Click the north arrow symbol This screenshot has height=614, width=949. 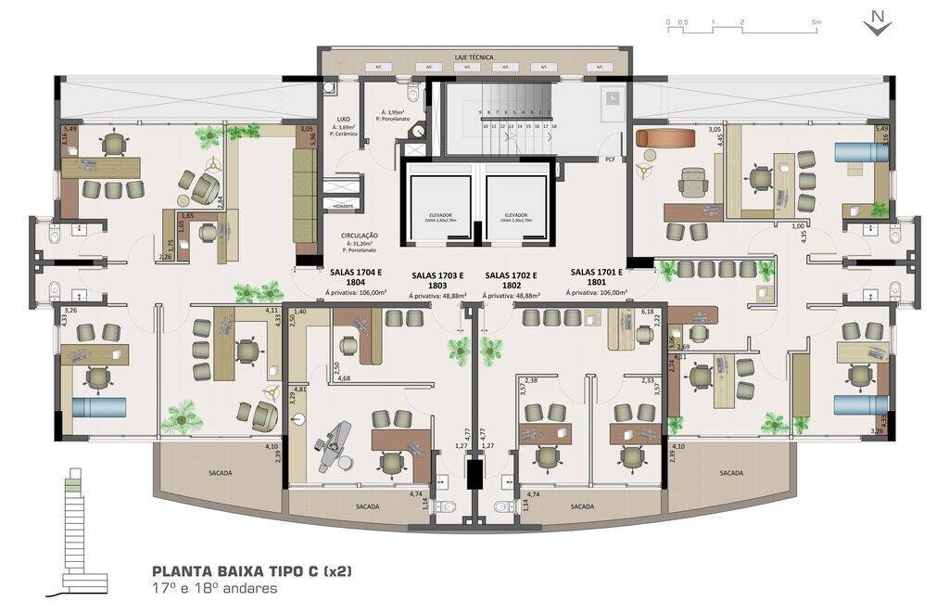(x=877, y=23)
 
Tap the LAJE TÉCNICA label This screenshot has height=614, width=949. (x=474, y=57)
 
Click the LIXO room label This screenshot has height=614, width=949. (x=344, y=120)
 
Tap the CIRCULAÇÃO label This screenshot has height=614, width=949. (x=359, y=236)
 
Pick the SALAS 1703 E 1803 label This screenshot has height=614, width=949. (x=438, y=281)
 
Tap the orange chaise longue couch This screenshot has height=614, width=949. (x=665, y=137)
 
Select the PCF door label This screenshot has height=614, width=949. (x=610, y=160)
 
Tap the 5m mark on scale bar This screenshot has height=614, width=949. (x=816, y=21)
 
